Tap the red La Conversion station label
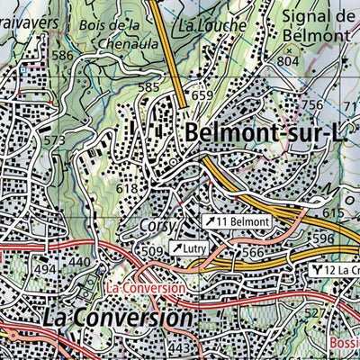pos(150,288)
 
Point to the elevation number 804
pos(288,61)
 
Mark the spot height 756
pos(311,105)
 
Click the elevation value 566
pos(254,254)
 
